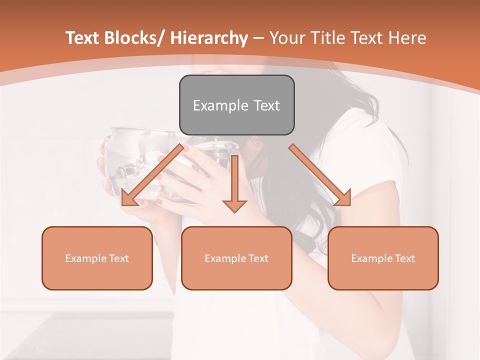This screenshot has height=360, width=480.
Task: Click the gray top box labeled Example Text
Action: tap(236, 105)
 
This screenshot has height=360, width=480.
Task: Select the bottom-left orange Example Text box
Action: tap(97, 258)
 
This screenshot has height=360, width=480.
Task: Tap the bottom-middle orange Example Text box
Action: tap(236, 258)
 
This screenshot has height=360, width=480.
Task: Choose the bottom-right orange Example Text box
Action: tap(383, 258)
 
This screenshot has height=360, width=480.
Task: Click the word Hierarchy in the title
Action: tap(209, 38)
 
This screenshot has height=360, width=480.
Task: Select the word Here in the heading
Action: tap(407, 38)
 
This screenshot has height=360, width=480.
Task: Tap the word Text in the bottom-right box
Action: tap(404, 258)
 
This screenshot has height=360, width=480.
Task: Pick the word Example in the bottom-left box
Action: tap(85, 258)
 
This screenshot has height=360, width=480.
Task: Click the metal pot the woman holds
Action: tap(135, 160)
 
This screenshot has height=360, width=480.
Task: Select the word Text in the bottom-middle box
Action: tap(258, 258)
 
